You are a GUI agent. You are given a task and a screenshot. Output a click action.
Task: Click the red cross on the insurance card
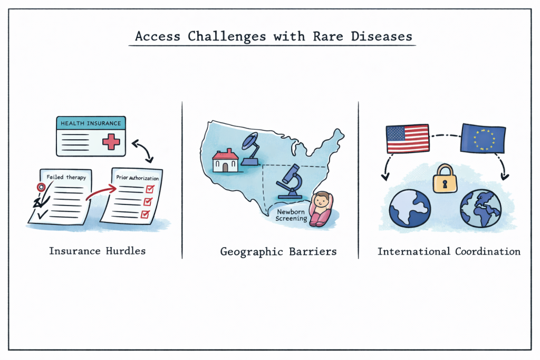click(x=111, y=141)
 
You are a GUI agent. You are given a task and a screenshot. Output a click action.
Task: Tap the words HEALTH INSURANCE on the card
click(x=91, y=123)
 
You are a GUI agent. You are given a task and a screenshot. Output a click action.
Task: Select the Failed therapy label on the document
click(x=66, y=177)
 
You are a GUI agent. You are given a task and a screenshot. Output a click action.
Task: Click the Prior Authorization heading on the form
click(x=138, y=178)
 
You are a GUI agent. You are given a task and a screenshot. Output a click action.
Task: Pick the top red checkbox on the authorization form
click(x=150, y=189)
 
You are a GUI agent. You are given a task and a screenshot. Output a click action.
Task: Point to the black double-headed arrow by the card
click(x=142, y=150)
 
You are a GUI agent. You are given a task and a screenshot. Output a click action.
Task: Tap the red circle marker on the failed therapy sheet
click(x=41, y=187)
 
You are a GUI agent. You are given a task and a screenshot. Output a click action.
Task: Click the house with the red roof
click(x=225, y=160)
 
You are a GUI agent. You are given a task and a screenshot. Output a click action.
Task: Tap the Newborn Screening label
click(x=291, y=215)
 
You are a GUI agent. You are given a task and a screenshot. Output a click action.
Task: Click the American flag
click(x=408, y=139)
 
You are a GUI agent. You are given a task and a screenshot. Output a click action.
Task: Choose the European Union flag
click(x=483, y=138)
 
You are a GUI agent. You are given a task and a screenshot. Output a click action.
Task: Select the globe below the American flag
click(x=410, y=208)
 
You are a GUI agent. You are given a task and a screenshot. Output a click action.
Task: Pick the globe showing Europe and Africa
click(x=481, y=208)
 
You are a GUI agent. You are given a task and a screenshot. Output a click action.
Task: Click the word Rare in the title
click(x=328, y=36)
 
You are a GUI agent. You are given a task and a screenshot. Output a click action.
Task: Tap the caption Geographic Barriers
click(x=278, y=252)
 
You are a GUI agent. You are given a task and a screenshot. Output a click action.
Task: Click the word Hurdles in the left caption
click(x=126, y=251)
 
